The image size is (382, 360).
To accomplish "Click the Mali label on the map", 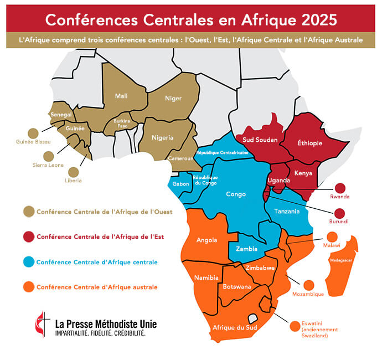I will point(121,96).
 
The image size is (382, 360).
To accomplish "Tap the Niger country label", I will point(173,99).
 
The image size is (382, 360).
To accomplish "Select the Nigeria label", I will point(163,138).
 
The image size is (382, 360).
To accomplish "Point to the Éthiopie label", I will point(309,143).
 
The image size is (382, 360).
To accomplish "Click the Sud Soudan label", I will point(260,140).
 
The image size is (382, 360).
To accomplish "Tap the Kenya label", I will point(303,173).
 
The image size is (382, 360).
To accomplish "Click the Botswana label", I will point(236,287).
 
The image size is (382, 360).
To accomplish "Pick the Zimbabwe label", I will point(261,268).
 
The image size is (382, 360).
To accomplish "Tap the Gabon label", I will point(181,183).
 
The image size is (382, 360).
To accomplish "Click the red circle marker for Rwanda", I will point(340,188).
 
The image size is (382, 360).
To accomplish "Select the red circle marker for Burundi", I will point(340,213).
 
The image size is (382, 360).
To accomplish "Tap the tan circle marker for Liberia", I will point(74,172).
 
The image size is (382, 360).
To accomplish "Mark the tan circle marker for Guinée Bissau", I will point(33,133).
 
